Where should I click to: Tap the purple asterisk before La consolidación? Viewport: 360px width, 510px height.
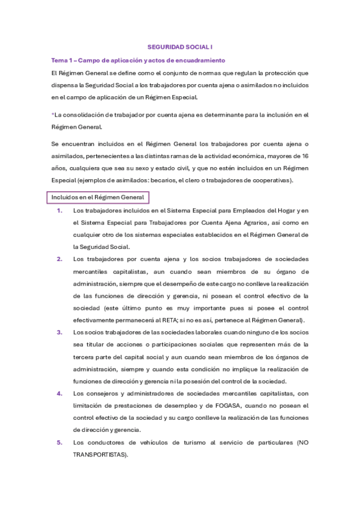pos(53,114)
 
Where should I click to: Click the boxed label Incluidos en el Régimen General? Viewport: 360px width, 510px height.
pos(97,198)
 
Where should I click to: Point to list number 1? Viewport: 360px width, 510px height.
pos(59,210)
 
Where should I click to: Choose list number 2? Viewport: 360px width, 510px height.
pos(59,259)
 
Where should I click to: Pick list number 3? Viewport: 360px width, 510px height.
pos(59,332)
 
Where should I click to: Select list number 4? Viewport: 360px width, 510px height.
pos(59,393)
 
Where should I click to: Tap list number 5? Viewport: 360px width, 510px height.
pos(59,442)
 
